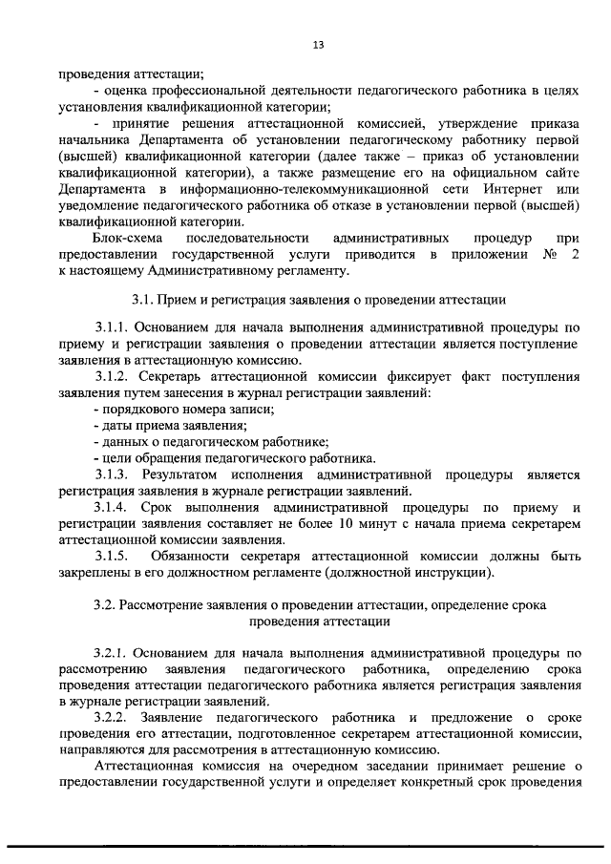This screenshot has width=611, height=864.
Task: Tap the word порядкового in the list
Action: (142, 409)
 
